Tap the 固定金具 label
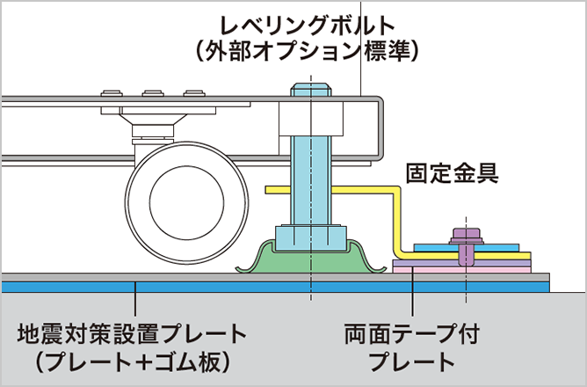point(452,172)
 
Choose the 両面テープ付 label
point(411,335)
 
